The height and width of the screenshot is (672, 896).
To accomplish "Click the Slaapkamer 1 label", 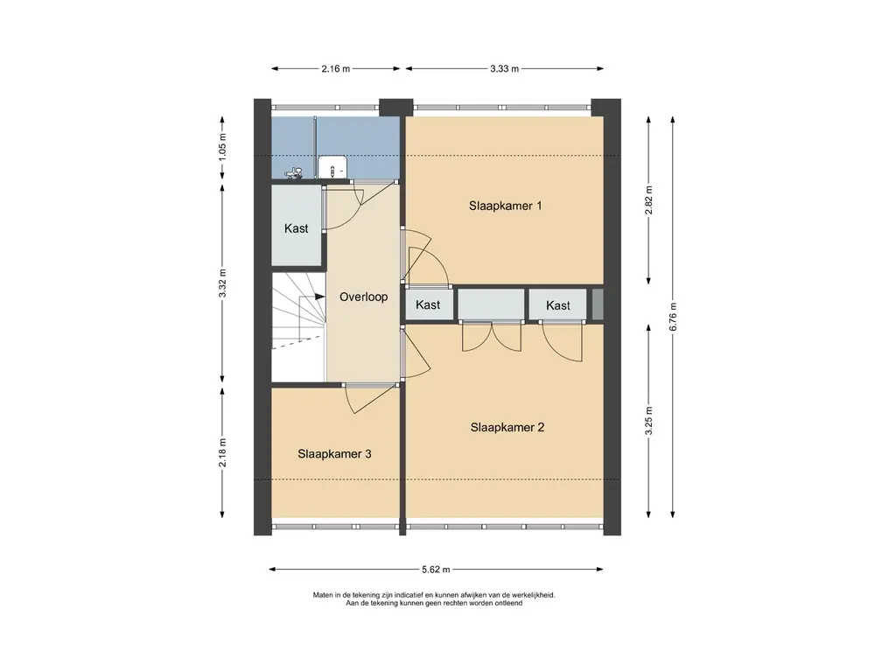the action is [x=505, y=206].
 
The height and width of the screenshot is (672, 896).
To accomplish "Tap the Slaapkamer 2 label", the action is [x=507, y=427].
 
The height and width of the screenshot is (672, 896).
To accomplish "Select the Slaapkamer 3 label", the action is [x=334, y=454].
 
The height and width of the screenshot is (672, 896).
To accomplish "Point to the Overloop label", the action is [x=363, y=297].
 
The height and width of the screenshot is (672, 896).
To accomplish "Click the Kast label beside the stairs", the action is [x=296, y=228].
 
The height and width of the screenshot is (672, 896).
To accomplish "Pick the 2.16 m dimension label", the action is [x=335, y=68].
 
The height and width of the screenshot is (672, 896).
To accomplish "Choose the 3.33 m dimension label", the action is [x=505, y=68].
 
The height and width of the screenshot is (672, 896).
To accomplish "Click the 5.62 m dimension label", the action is [x=436, y=569].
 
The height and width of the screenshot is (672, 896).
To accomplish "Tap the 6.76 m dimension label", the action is [x=673, y=317].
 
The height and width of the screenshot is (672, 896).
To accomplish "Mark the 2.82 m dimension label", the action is [x=648, y=200].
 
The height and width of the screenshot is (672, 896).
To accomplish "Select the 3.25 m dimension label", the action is [x=648, y=421].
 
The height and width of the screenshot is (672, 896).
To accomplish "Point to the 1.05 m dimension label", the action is [x=223, y=146].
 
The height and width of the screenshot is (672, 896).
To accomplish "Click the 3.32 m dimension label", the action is [x=223, y=283].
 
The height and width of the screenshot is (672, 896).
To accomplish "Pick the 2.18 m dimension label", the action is [x=223, y=452].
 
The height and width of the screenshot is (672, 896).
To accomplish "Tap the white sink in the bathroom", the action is [x=331, y=167].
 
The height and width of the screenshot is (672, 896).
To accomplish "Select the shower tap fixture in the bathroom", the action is [x=294, y=172].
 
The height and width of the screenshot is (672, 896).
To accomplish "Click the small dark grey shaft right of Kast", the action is [x=597, y=304].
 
